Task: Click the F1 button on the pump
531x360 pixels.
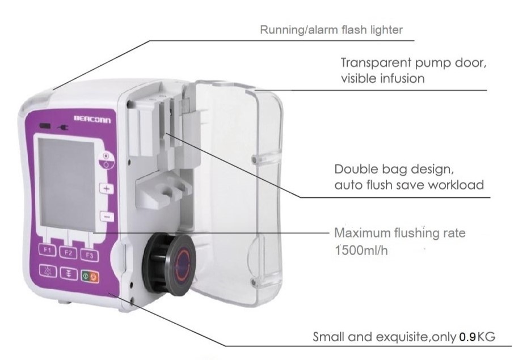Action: click(x=48, y=249)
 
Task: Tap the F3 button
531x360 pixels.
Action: click(x=88, y=255)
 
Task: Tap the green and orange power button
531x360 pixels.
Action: click(x=90, y=277)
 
